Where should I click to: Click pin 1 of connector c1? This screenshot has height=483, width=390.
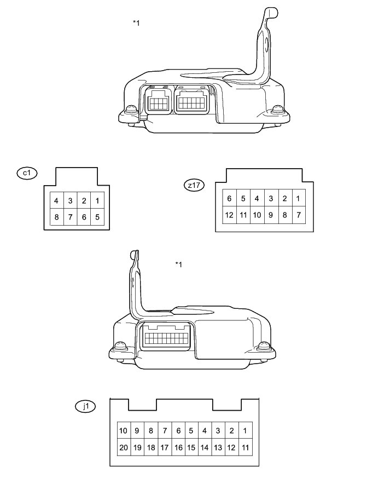pos(97,200)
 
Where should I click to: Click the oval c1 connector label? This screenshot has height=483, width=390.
pos(27,173)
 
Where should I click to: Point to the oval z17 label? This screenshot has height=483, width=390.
pos(194,185)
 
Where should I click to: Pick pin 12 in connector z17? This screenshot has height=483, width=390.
pos(229,215)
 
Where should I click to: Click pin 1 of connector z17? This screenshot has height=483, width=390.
pos(298,198)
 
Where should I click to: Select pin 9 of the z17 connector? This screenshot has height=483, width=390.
pos(271,215)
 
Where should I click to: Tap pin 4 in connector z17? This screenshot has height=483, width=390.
pos(257,198)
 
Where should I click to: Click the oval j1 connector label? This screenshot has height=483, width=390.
pos(85,406)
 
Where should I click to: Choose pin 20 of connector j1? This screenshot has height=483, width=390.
pos(124,447)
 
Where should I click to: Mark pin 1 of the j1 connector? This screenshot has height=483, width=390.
pos(245,430)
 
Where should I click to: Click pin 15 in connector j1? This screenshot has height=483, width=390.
pos(191,447)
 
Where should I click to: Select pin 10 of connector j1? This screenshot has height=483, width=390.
pos(124,430)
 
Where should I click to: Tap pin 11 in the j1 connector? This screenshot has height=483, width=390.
pos(245,447)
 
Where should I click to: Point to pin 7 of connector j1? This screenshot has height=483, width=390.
pos(165,430)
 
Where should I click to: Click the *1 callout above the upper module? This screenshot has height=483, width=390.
pos(136,22)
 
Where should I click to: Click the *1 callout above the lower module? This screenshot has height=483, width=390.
pos(178,264)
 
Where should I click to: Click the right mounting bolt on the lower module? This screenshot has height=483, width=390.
pos(264,346)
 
